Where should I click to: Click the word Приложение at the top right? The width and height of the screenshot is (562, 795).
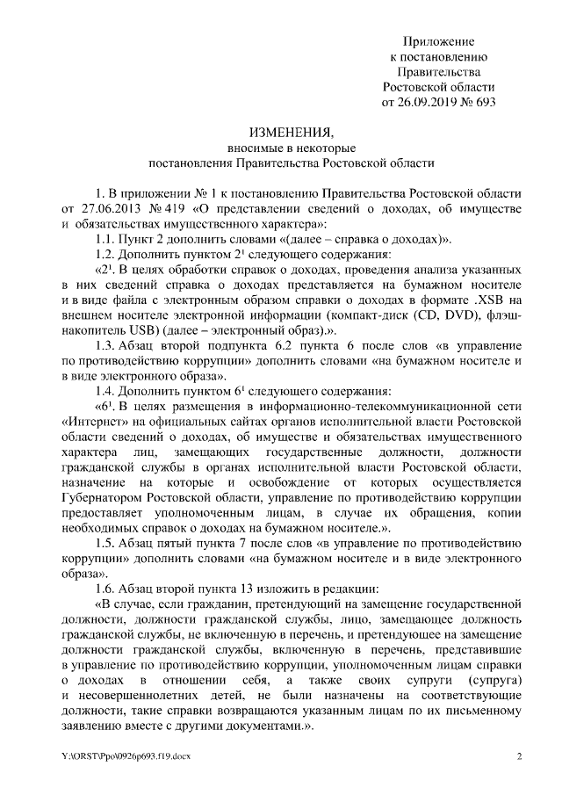439,41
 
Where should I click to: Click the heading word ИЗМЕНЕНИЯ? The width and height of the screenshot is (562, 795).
292,133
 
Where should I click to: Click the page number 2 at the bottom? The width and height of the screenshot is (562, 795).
519,755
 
